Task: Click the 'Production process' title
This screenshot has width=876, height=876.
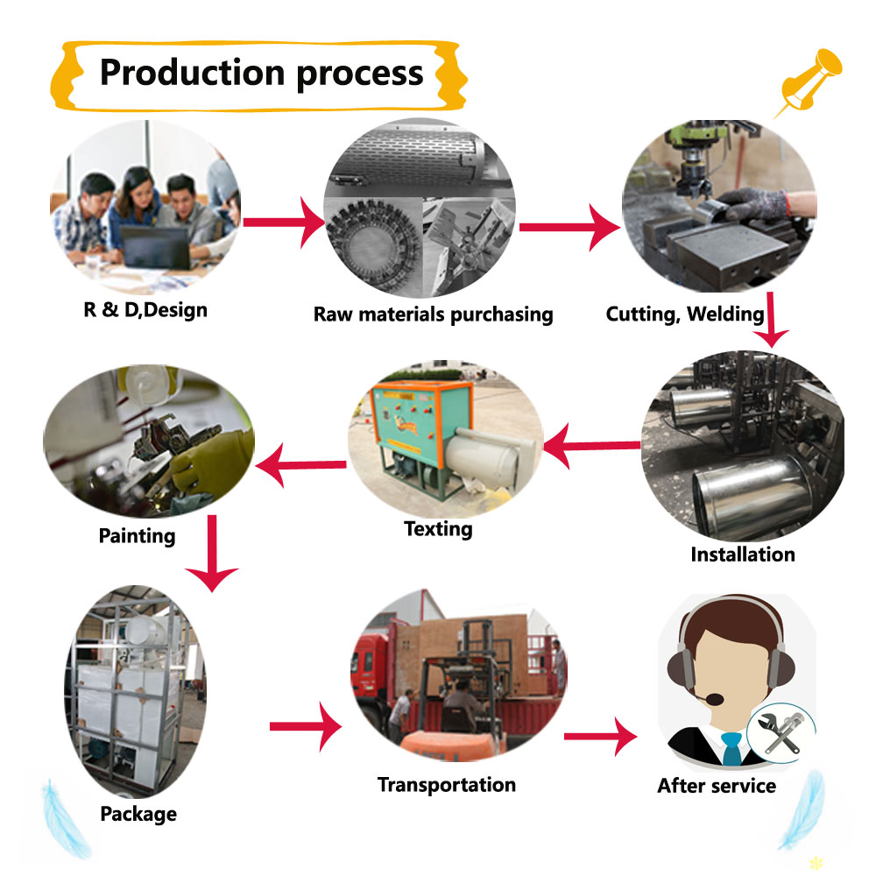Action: click(x=261, y=73)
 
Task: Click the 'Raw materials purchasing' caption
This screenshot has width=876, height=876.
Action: click(x=433, y=314)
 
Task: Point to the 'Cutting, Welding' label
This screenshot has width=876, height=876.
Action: click(x=685, y=314)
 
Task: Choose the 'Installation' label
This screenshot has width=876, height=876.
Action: click(x=742, y=554)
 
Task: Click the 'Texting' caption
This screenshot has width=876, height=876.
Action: click(x=438, y=528)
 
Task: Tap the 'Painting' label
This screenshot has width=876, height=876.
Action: click(x=137, y=534)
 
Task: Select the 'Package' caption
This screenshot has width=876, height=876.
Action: click(x=138, y=814)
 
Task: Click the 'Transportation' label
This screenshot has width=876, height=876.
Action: click(x=446, y=784)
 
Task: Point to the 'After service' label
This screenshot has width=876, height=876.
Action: click(x=717, y=786)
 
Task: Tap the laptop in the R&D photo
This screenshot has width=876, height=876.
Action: click(x=156, y=247)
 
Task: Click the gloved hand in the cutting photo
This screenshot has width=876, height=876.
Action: click(x=756, y=205)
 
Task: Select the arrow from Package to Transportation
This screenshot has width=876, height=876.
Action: click(x=305, y=726)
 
